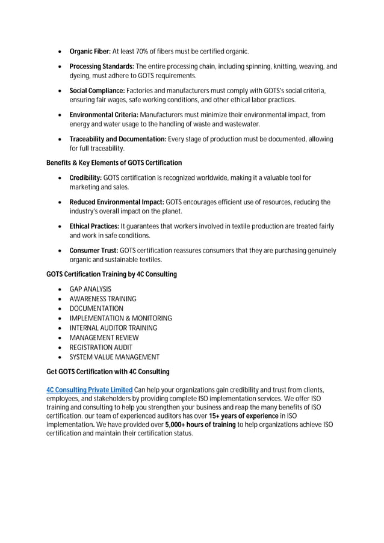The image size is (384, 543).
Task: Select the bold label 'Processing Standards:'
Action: coord(102,66)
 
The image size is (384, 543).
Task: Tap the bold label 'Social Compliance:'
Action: coord(97,90)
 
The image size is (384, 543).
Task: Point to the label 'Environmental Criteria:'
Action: coord(104,114)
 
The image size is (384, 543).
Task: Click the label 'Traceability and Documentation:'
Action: coord(118,139)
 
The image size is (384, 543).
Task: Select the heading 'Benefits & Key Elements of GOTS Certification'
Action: coord(114,163)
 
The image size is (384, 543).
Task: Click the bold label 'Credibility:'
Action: coord(85,178)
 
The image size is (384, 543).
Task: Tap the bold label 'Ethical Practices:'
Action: coord(94,226)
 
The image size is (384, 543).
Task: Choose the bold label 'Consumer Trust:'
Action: coord(93,250)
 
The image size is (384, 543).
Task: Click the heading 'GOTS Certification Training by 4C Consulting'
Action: coord(111,274)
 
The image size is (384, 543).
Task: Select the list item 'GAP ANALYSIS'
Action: coord(90,289)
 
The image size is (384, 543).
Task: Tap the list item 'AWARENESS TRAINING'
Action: coord(103,299)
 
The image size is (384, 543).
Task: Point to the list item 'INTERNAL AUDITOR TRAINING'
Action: coord(113,328)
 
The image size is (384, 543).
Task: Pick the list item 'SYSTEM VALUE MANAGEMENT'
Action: coord(114,357)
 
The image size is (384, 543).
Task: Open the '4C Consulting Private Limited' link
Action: coord(89,390)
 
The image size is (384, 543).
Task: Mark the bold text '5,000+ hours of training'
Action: coord(200,425)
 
